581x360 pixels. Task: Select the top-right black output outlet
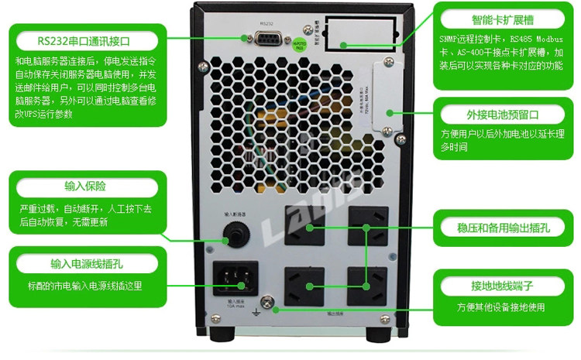point(368,225)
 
